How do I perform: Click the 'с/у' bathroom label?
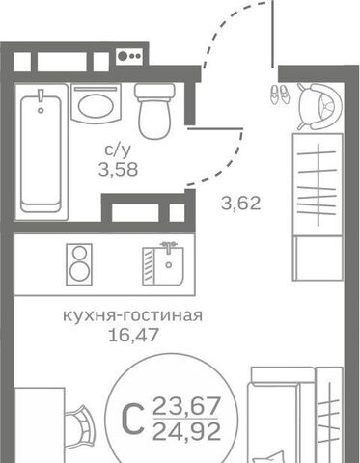[120, 150]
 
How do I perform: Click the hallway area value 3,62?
[241, 204]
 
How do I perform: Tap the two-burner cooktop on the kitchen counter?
[77, 261]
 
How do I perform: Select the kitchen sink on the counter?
[163, 261]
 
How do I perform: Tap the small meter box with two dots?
[125, 56]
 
